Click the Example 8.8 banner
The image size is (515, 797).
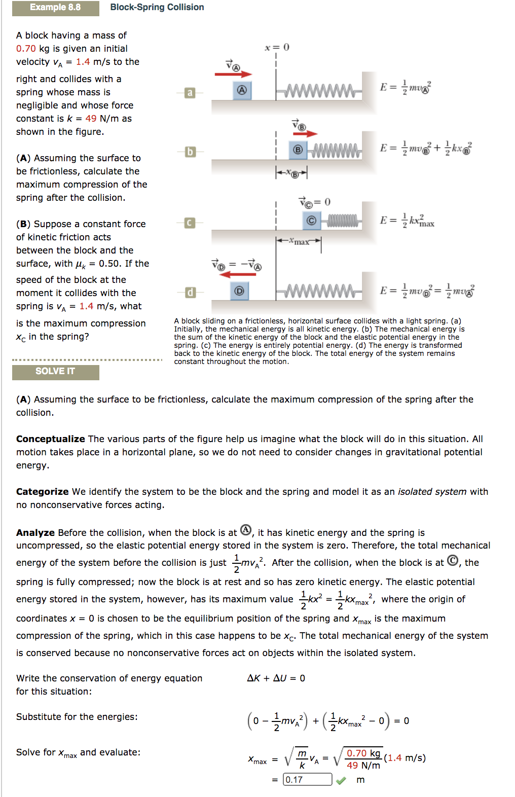coord(55,8)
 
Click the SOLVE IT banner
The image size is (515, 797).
coord(55,372)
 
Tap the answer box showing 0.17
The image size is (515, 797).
coord(307,779)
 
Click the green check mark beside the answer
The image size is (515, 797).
coord(341,780)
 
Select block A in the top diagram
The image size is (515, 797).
coord(242,90)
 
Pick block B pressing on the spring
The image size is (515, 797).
coord(298,150)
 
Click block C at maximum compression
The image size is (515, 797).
coord(311,221)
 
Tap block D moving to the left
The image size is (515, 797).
coord(239,291)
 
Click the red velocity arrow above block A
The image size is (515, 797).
coord(233,75)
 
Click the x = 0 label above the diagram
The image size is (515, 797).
coord(277,48)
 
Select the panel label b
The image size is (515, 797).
coord(190,152)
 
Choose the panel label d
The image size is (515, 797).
coord(190,293)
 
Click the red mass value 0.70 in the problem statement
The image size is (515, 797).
coord(26,49)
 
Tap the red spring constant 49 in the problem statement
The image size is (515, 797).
coord(91,119)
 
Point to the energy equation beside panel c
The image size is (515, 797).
coord(407,221)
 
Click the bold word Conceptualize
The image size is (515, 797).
coord(50,439)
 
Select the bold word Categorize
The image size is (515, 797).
coord(42,492)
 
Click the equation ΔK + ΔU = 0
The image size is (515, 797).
coord(276,678)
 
